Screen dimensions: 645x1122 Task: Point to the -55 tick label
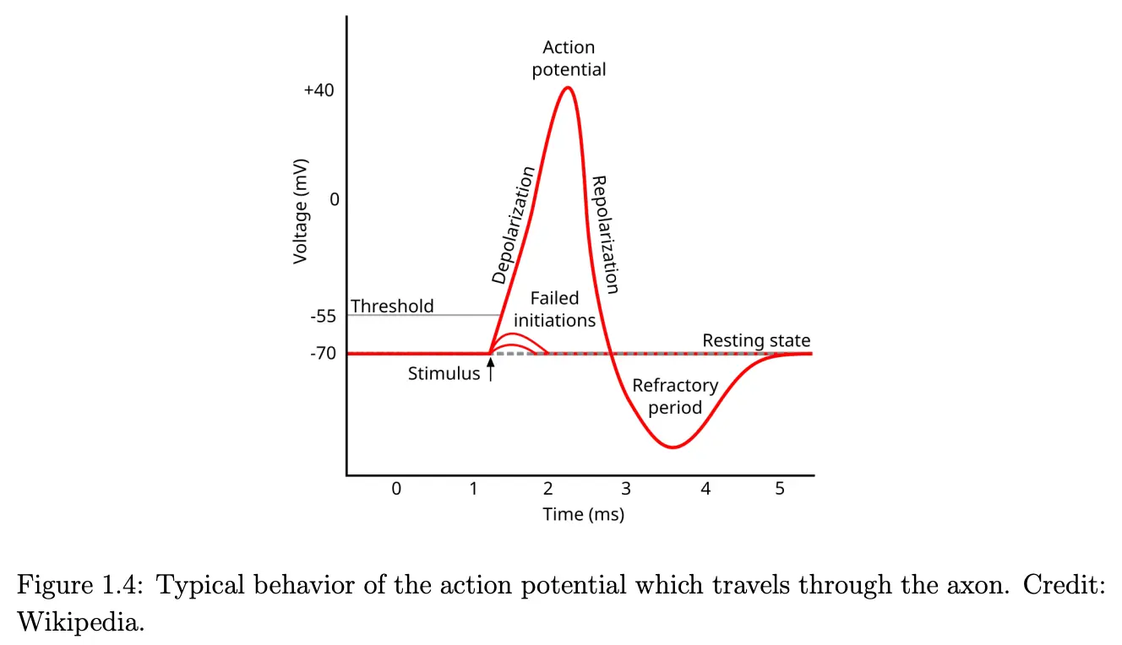322,317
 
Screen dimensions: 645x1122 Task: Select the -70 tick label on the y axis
322,354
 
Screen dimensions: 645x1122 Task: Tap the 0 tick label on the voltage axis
334,199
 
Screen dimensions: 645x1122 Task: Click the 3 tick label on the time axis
625,489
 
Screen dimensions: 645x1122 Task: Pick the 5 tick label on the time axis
779,489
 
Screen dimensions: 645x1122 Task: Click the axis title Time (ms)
583,514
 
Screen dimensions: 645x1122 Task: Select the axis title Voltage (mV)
301,210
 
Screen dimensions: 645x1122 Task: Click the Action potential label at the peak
569,58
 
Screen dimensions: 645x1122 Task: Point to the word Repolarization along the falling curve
606,234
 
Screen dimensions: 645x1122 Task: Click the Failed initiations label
555,309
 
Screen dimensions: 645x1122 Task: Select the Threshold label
392,306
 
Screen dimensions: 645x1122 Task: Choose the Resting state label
756,341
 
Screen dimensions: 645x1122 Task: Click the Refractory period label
675,397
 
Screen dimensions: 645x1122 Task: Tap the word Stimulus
444,373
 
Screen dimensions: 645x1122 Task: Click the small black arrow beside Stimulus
490,371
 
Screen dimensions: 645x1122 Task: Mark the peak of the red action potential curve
568,88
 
